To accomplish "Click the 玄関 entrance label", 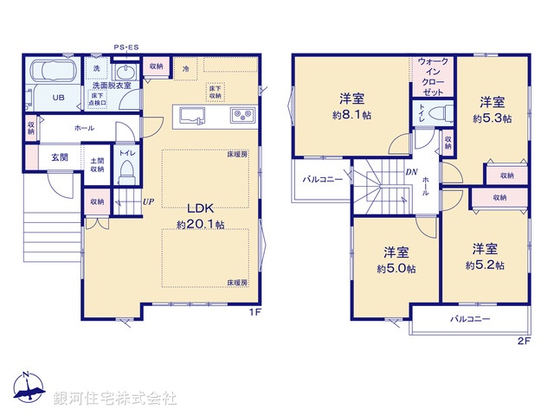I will [60, 156].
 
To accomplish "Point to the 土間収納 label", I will [97, 165].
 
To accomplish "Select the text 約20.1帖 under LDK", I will [201, 224].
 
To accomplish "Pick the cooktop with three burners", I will [241, 115].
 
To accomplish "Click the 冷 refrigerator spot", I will [185, 67].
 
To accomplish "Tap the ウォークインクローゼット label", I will [433, 76].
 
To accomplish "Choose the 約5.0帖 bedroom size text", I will [396, 269].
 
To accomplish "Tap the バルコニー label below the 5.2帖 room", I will [470, 319].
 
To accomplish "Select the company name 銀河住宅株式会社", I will [115, 399].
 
